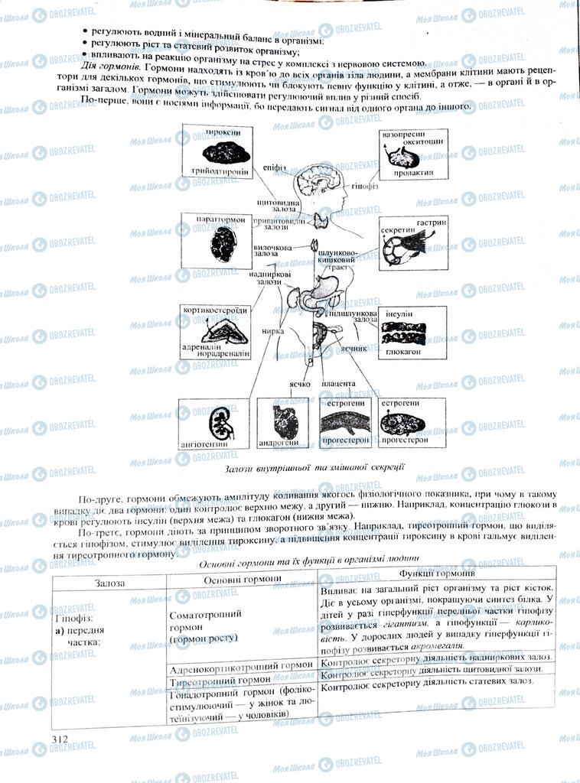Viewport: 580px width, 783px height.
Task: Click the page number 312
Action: [59, 739]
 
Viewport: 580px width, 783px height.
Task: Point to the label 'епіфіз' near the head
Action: [273, 165]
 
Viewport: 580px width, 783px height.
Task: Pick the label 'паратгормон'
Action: [220, 219]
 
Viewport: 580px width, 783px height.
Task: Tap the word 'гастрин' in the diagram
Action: [431, 222]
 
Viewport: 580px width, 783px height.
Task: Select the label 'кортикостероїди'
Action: [215, 311]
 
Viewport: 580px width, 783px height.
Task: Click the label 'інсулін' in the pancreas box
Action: [401, 314]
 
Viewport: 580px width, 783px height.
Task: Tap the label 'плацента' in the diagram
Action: [338, 383]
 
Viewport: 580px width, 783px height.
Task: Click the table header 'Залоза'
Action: [110, 583]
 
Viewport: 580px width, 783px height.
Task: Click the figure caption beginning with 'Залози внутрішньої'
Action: [314, 467]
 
